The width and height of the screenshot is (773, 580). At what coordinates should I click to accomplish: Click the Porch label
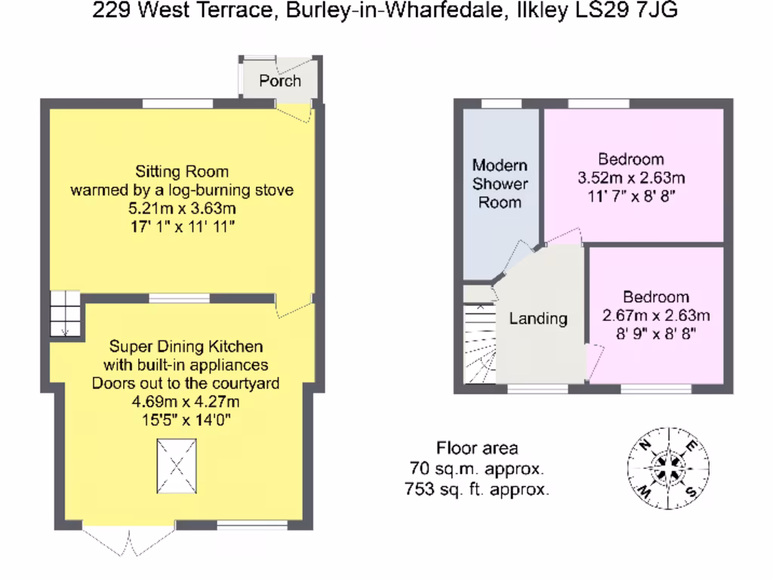point(280,81)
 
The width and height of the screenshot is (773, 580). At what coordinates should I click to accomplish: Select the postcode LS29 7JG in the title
point(642,11)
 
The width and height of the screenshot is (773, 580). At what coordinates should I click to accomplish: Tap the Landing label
point(537,319)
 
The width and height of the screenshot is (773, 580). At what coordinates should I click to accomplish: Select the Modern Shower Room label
point(500,184)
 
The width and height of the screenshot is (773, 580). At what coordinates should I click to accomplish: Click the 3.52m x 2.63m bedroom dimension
point(631,178)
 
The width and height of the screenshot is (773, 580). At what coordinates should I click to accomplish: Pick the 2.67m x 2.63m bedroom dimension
point(656,316)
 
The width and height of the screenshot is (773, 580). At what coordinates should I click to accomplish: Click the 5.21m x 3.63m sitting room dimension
point(181,208)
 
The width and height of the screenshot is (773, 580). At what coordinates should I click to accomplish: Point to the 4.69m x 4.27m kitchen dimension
point(186,401)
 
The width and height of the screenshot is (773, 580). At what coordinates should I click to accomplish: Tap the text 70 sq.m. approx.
point(477,468)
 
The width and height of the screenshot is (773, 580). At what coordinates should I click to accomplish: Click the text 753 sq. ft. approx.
point(477,489)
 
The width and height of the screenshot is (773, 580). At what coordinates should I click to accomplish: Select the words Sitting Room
point(182,171)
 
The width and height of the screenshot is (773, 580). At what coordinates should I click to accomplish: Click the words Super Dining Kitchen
point(186,347)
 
